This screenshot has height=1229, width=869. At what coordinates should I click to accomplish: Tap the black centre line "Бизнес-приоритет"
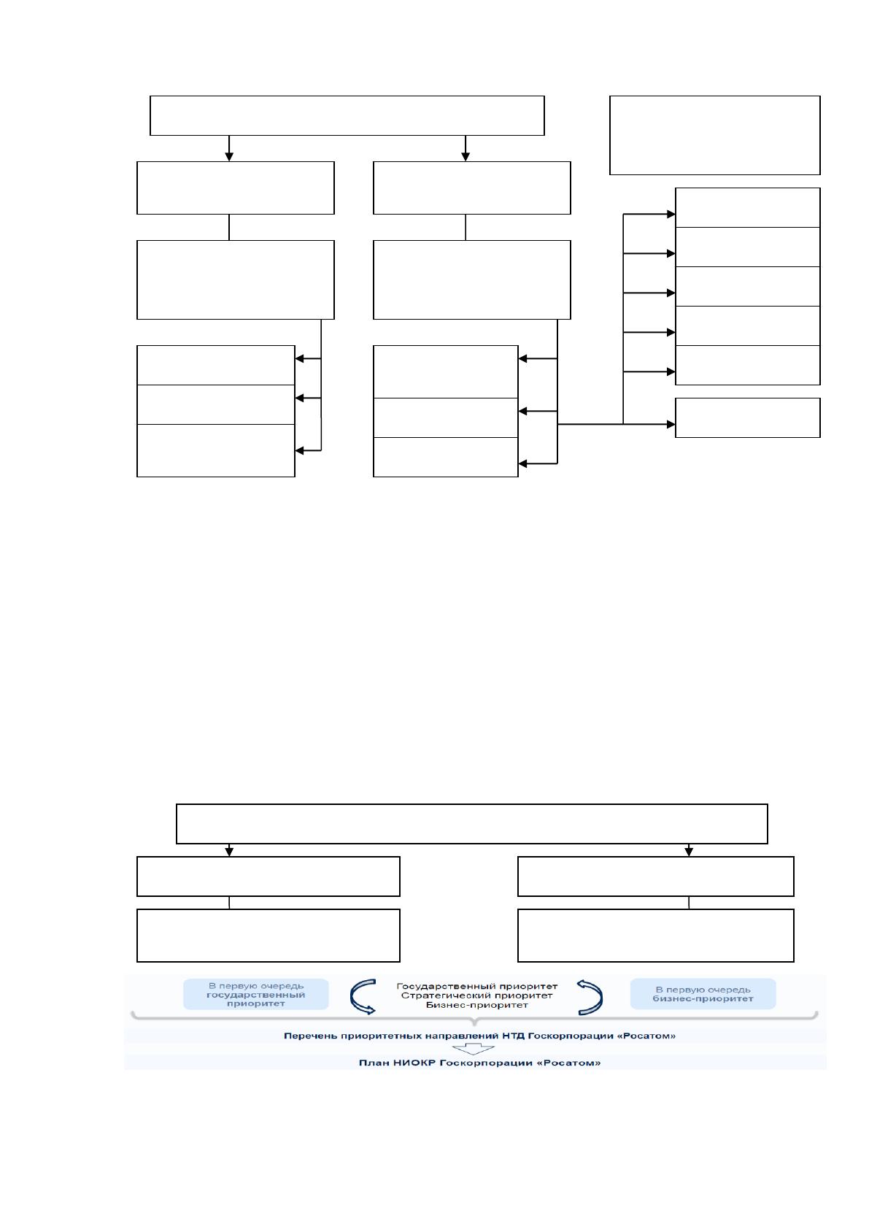tap(476, 1005)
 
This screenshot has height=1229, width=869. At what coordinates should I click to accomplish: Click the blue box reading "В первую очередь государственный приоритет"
tap(255, 994)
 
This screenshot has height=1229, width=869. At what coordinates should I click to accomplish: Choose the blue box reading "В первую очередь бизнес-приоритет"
tap(703, 993)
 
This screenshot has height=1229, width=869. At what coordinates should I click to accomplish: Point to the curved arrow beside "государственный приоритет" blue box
tap(363, 996)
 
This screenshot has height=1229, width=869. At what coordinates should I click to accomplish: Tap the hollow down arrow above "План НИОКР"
tap(473, 1049)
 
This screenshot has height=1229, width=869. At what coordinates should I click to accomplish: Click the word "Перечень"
tap(310, 1036)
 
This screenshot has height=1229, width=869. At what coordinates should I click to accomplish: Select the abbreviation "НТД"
tap(513, 1036)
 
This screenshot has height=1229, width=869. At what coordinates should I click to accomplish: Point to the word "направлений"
tap(457, 1036)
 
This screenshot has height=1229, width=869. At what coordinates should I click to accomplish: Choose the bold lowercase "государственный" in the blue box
tap(255, 995)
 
